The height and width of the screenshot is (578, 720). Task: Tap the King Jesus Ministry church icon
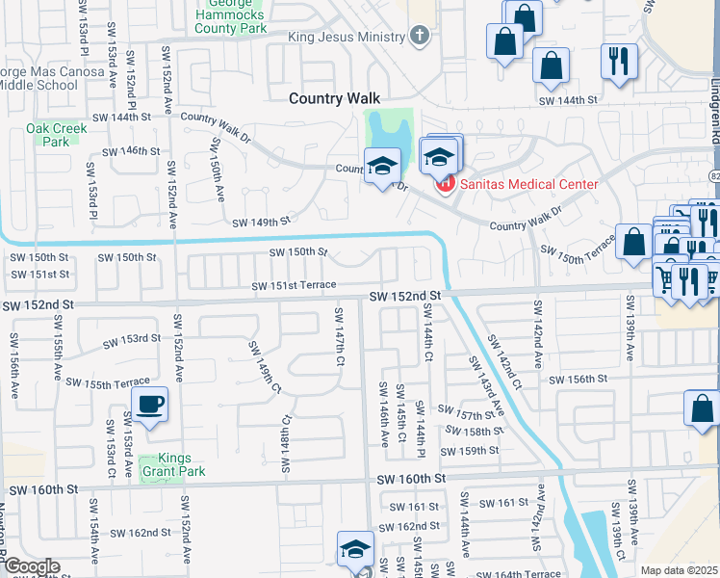pyautogui.click(x=418, y=37)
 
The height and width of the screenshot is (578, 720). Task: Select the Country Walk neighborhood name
pyautogui.click(x=335, y=98)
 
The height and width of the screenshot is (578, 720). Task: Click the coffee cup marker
pyautogui.click(x=148, y=406)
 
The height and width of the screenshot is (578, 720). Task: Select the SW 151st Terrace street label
pyautogui.click(x=294, y=286)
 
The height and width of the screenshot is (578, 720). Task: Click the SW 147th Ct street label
pyautogui.click(x=340, y=336)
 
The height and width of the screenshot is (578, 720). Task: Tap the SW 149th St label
pyautogui.click(x=261, y=222)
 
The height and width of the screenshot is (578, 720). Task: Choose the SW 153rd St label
pyautogui.click(x=132, y=339)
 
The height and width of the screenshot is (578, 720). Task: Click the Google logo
pyautogui.click(x=32, y=566)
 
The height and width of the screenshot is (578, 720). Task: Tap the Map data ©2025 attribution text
pyautogui.click(x=679, y=570)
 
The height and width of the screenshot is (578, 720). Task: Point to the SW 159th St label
pyautogui.click(x=470, y=451)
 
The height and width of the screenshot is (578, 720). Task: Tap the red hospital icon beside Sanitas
pyautogui.click(x=446, y=184)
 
